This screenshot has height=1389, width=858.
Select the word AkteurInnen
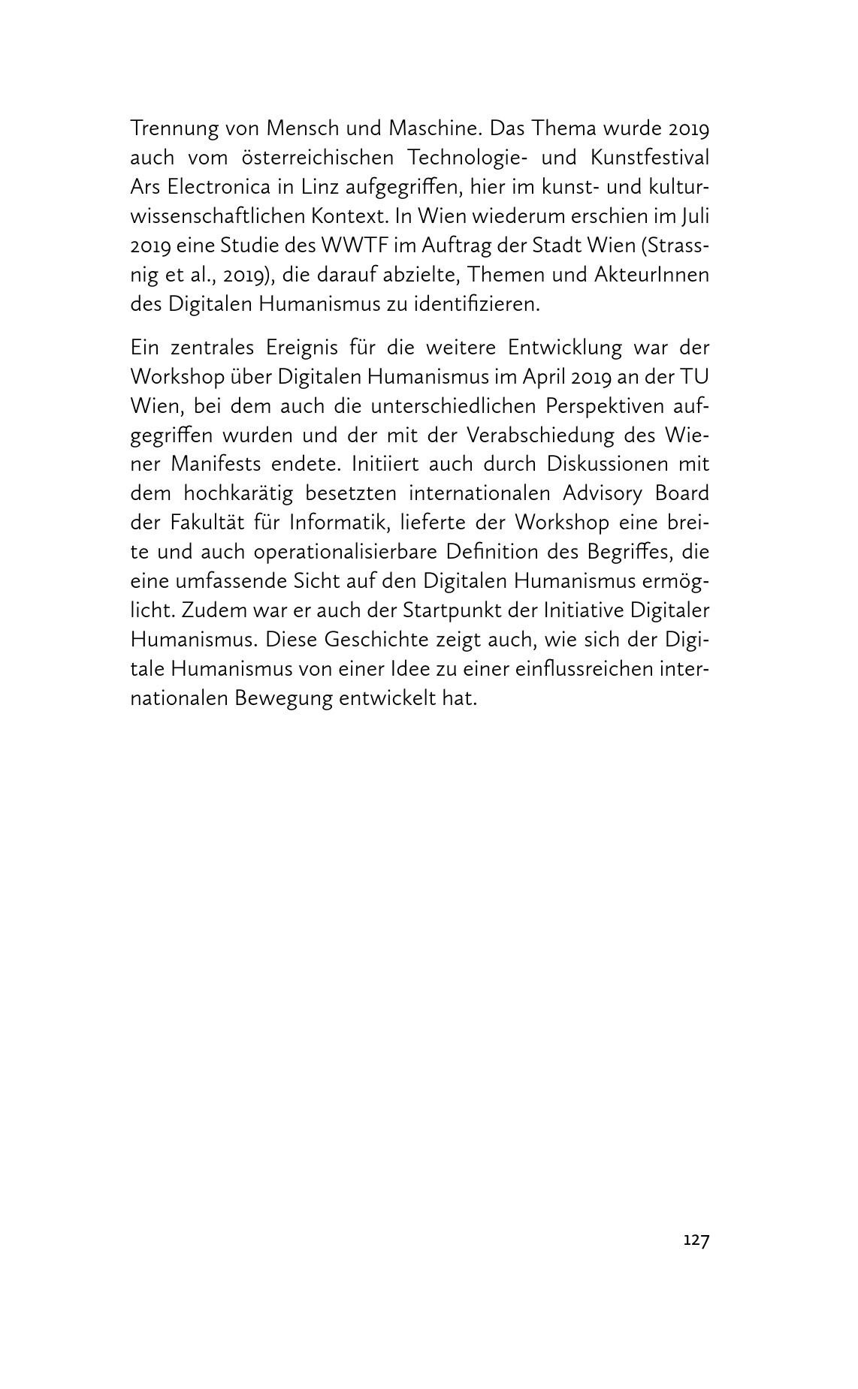click(x=651, y=275)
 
